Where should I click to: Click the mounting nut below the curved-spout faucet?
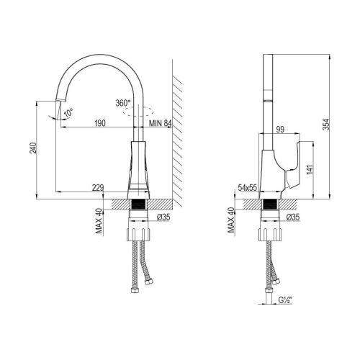(x=140, y=234)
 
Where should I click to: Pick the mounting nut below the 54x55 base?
(x=268, y=234)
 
